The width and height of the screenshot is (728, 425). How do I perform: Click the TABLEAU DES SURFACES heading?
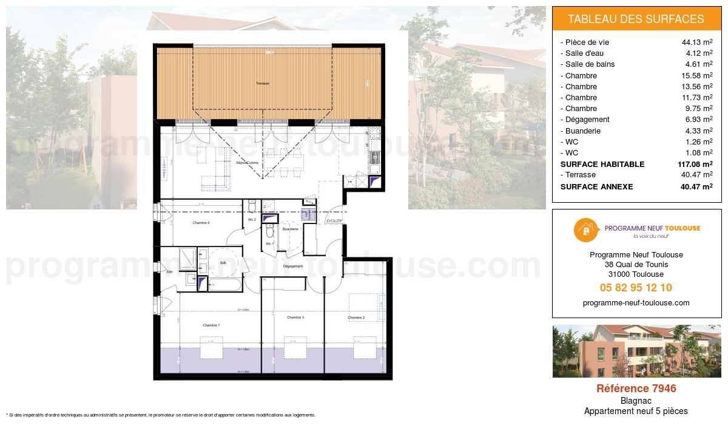coord(636,19)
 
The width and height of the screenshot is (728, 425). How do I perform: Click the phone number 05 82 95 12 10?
coord(636,288)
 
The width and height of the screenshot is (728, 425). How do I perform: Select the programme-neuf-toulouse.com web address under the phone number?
coord(636,303)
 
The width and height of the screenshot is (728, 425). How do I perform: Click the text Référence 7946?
coord(636,389)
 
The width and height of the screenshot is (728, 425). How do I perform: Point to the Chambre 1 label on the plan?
coord(211,325)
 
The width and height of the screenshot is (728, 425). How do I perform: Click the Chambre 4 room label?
coord(201,223)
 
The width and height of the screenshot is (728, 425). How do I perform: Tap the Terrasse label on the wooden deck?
coord(262,83)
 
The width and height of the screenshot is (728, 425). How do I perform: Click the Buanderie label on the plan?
coord(290,229)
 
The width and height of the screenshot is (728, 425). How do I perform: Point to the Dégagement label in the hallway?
coord(292,267)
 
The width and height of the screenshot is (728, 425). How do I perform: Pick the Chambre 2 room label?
coord(356,318)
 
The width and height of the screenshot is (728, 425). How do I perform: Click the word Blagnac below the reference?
coord(636,401)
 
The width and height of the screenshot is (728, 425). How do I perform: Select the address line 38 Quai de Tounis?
coord(636,265)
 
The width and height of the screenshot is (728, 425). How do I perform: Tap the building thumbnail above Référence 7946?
coord(636,351)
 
